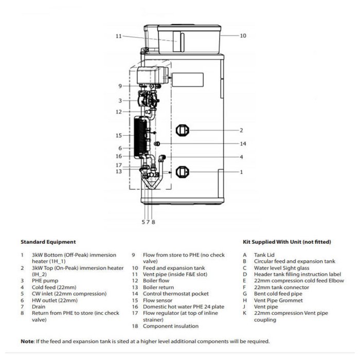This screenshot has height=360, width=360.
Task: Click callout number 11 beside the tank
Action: pyautogui.click(x=118, y=36)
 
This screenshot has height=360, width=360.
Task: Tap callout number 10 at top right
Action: pyautogui.click(x=243, y=35)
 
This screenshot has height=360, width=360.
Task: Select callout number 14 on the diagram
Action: pyautogui.click(x=243, y=143)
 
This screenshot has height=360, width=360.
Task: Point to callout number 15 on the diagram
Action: pyautogui.click(x=118, y=135)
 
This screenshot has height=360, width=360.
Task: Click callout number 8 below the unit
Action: pyautogui.click(x=153, y=222)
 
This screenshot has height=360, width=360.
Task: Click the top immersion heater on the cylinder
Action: pyautogui.click(x=182, y=131)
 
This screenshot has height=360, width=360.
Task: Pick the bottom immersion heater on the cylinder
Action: pyautogui.click(x=182, y=172)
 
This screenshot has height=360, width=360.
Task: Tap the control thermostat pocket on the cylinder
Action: pyautogui.click(x=157, y=143)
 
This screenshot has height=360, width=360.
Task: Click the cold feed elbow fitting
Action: pyautogui.click(x=163, y=158)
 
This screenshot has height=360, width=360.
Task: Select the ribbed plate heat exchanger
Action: pyautogui.click(x=140, y=137)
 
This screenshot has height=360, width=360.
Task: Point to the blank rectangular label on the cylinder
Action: pyautogui.click(x=188, y=80)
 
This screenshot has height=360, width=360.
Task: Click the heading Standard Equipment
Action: pyautogui.click(x=48, y=242)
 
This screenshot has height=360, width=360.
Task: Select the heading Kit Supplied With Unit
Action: pyautogui.click(x=287, y=242)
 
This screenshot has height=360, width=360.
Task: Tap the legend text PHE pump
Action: pyautogui.click(x=45, y=281)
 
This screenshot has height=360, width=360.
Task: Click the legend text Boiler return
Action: pyautogui.click(x=158, y=287)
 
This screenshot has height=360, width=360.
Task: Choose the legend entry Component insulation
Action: pyautogui.click(x=171, y=326)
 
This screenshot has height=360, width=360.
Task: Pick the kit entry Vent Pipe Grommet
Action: pyautogui.click(x=278, y=300)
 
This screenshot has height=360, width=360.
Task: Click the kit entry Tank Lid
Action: pyautogui.click(x=264, y=255)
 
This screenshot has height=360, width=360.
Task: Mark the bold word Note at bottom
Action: pyautogui.click(x=27, y=341)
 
